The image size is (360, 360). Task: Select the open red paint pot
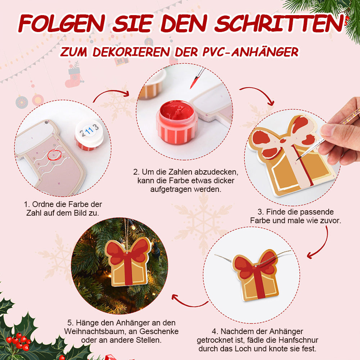click(177, 122)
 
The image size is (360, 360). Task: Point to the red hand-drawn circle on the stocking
click(55, 155)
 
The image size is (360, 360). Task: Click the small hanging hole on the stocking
click(46, 122)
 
